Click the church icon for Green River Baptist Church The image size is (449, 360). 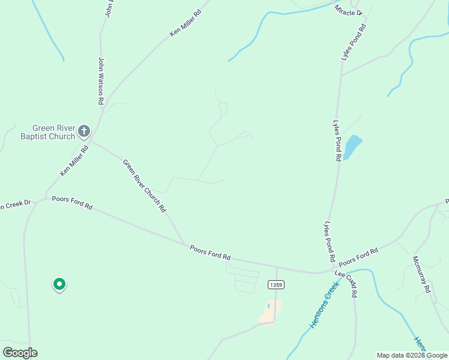coord(84,130)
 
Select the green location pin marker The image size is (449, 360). coord(59,284)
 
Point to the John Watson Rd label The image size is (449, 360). coord(101,81)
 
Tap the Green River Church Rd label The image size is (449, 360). coord(144,185)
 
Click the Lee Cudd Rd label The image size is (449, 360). coord(347,284)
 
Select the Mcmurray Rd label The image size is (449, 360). coord(421,274)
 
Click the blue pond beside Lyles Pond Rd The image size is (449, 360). coord(352,146)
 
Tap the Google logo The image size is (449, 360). coord(20,352)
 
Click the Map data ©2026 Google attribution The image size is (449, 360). coord(412,355)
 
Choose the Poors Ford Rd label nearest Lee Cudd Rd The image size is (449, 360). coord(358,258)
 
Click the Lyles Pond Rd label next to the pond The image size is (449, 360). coord(337,140)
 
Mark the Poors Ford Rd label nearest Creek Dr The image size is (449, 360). coord(72,203)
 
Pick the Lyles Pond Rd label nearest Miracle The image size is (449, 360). coord(354,42)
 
